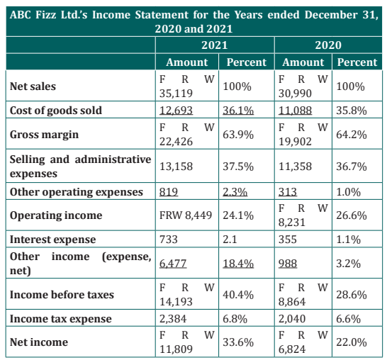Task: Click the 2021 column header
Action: (215, 45)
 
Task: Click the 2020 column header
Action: (328, 45)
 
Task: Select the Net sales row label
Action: (33, 86)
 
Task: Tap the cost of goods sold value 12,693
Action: (176, 110)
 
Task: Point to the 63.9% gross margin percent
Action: (238, 135)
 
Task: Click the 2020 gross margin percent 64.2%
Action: (352, 135)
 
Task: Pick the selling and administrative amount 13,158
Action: (176, 167)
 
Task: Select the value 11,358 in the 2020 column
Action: (295, 167)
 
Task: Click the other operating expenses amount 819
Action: (169, 192)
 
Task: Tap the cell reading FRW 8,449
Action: (186, 215)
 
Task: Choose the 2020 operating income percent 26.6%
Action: (352, 215)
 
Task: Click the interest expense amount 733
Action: (169, 240)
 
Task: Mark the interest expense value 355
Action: (288, 240)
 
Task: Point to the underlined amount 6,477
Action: (173, 264)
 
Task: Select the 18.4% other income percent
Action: (238, 264)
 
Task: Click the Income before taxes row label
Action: (62, 295)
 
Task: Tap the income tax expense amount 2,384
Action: (173, 319)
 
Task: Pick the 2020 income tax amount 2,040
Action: (292, 319)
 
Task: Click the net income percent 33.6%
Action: (238, 342)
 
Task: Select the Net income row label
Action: (39, 342)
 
